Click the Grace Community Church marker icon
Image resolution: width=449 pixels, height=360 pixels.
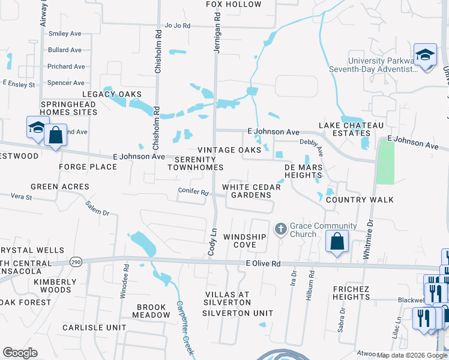pos(280,229)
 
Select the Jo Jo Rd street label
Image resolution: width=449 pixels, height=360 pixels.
pos(177,26)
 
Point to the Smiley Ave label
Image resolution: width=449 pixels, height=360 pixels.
pos(65,34)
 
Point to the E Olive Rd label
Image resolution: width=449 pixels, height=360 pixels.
pos(263,263)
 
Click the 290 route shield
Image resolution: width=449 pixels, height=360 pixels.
pos(75,262)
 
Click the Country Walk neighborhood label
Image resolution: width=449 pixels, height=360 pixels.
pos(360,200)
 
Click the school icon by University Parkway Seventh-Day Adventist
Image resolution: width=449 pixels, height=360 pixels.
pos(425,55)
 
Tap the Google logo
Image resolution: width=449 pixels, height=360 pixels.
pos(20,353)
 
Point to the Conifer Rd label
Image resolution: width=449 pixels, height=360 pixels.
pos(193,193)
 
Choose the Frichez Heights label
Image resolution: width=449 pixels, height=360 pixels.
pos(359,293)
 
